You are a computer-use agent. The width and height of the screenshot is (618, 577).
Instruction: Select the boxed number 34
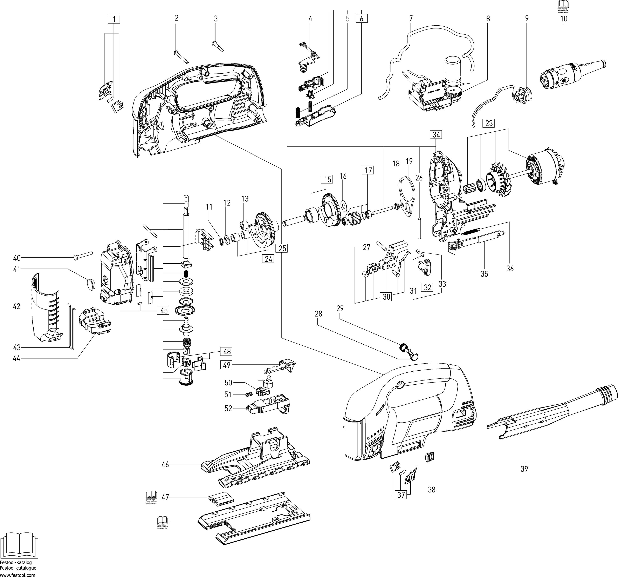436,135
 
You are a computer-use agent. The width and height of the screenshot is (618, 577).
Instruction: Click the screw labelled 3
218,46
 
